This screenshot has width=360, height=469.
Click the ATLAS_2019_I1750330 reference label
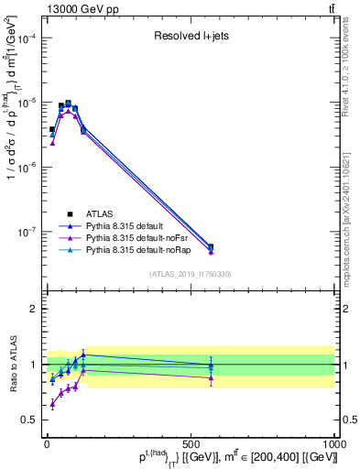tap(190, 274)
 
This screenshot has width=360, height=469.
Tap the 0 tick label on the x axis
tap(46, 444)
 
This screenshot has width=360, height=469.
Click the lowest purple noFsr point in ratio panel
tap(52, 404)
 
